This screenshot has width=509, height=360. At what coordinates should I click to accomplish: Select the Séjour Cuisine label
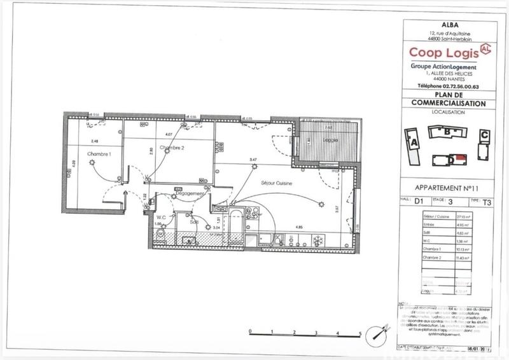275,183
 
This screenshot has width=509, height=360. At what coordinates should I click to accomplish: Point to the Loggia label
330,139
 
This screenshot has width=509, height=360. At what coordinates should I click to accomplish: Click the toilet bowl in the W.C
162,234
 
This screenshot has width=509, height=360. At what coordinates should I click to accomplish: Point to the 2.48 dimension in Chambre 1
95,141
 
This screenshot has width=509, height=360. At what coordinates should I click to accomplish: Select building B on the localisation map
449,132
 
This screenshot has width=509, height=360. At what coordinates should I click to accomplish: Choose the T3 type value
487,204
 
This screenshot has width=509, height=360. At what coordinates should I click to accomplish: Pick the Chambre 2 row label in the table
433,259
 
